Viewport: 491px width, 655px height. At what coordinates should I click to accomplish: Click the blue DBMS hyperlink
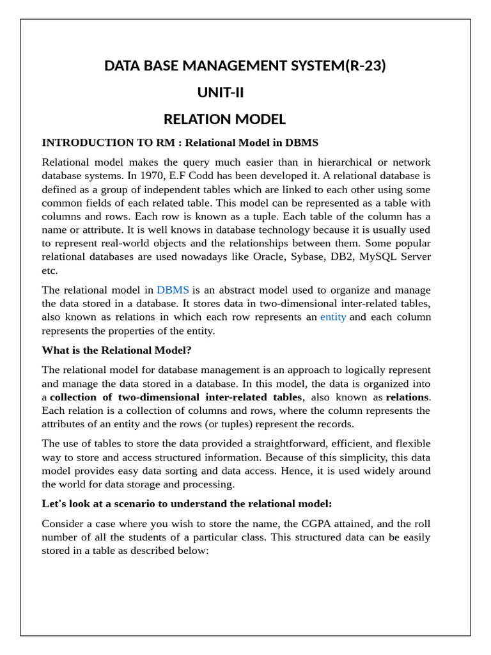173,290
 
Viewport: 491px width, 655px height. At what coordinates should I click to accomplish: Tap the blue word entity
333,317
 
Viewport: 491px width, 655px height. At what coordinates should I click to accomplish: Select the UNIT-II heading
221,93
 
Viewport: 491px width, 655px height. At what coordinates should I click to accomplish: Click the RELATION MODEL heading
224,120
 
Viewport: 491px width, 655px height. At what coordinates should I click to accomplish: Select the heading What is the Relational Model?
116,350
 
